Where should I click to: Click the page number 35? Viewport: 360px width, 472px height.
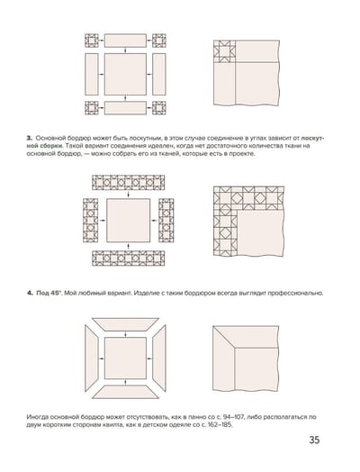pyautogui.click(x=314, y=440)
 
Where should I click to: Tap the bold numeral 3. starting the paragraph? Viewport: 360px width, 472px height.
pyautogui.click(x=29, y=138)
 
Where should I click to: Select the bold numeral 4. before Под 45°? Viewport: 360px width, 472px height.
pyautogui.click(x=30, y=293)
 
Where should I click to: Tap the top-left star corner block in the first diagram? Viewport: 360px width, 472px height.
pyautogui.click(x=92, y=41)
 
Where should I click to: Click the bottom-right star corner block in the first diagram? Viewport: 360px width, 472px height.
pyautogui.click(x=158, y=108)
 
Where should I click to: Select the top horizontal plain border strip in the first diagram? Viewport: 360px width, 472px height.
pyautogui.click(x=125, y=41)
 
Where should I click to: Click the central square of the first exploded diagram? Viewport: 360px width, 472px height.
pyautogui.click(x=125, y=74)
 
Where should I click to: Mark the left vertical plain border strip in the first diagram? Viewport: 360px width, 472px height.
pyautogui.click(x=92, y=74)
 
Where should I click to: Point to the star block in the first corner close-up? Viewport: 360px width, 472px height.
pyautogui.click(x=224, y=51)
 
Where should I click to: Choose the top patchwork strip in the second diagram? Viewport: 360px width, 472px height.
pyautogui.click(x=129, y=183)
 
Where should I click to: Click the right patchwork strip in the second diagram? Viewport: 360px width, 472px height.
pyautogui.click(x=166, y=221)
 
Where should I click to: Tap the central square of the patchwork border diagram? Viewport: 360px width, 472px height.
pyautogui.click(x=129, y=221)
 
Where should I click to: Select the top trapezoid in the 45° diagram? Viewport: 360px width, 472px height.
pyautogui.click(x=125, y=324)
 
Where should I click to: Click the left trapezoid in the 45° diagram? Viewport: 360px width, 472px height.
pyautogui.click(x=92, y=359)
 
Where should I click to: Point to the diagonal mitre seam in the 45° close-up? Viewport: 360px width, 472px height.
pyautogui.click(x=224, y=337)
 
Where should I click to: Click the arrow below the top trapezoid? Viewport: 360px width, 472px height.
pyautogui.click(x=125, y=334)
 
